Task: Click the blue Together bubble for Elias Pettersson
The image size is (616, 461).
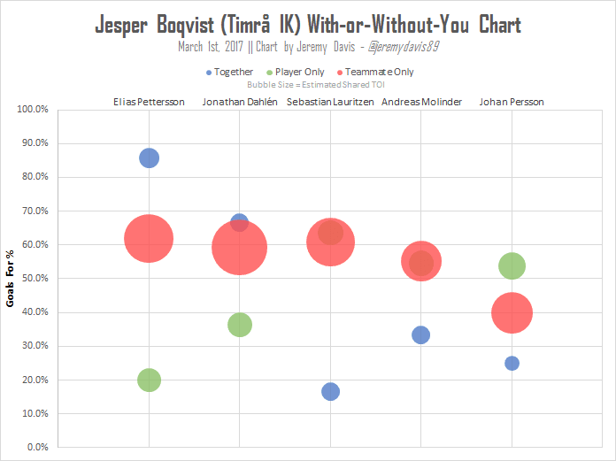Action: coord(149,158)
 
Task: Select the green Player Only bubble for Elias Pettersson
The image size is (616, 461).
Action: coord(149,380)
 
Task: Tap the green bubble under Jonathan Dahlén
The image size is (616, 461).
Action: coord(240,325)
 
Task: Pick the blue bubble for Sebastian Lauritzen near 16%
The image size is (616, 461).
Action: coord(330,391)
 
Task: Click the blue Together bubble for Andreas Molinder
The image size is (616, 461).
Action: coord(421,334)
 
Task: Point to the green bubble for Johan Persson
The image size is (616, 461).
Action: coord(512,265)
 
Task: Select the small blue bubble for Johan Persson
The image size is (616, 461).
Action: coord(512,363)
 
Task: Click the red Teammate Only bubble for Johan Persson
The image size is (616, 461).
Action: coord(512,312)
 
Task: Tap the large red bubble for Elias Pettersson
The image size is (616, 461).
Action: coord(149,239)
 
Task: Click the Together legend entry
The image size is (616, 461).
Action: coord(229,72)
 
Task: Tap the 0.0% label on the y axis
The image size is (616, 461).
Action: coord(36,447)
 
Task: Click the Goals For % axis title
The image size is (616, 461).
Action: coord(11,278)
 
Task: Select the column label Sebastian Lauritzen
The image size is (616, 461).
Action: coord(330,102)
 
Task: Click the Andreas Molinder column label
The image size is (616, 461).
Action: coord(421,102)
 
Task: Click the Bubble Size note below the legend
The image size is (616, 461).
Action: coord(308,84)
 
